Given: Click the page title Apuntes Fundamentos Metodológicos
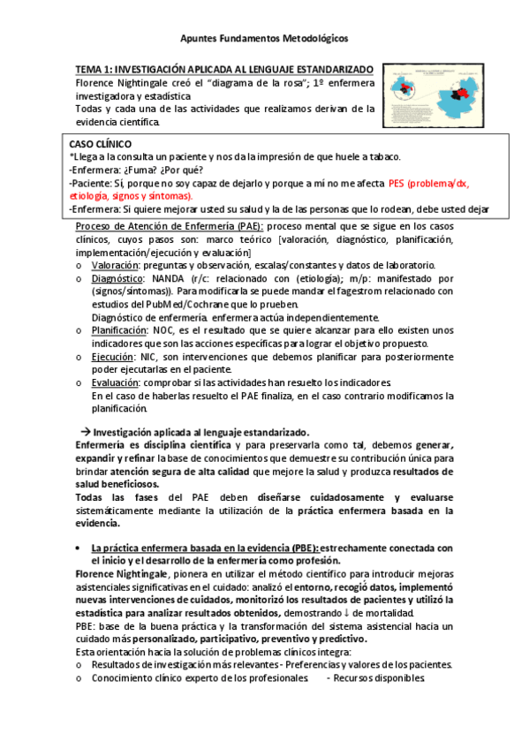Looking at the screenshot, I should pyautogui.click(x=264, y=39).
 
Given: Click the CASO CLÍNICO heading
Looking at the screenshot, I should pyautogui.click(x=101, y=144).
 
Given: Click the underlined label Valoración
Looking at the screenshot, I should pyautogui.click(x=115, y=265).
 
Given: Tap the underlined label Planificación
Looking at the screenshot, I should pyautogui.click(x=119, y=329).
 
